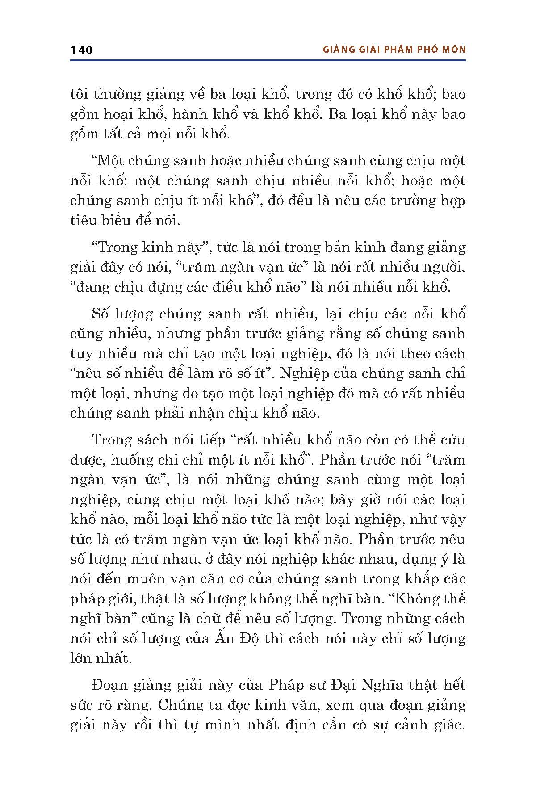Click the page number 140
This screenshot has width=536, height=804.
[x=81, y=50]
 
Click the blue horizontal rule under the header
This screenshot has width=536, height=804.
[x=268, y=60]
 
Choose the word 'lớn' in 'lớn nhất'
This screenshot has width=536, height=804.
[x=83, y=658]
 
